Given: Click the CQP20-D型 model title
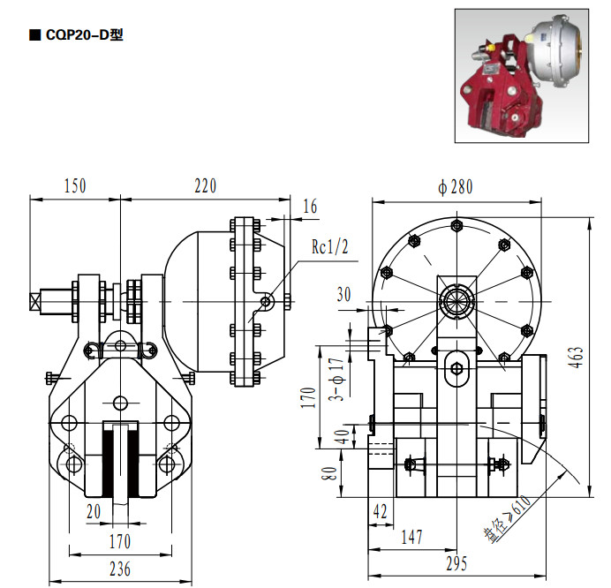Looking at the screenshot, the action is click(84, 35).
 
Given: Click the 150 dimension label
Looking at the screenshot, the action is click(75, 186).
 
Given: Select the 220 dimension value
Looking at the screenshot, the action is click(206, 186).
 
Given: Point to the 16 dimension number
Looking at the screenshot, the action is click(310, 207).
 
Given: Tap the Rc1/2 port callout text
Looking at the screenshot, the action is click(329, 246).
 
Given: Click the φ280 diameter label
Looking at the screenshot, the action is click(455, 187).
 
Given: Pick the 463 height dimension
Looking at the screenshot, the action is click(577, 357).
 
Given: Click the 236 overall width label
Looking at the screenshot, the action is click(120, 569).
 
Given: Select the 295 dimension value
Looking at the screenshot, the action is click(456, 563).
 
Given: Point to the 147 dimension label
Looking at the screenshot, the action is click(411, 537).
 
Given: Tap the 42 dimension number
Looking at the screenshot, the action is click(380, 511).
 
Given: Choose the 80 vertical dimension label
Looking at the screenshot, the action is click(329, 474).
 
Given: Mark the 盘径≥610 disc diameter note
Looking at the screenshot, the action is click(508, 518).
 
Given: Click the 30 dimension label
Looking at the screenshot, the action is click(344, 294).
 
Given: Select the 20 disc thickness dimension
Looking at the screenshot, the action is click(94, 511).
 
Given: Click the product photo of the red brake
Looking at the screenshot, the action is click(522, 76).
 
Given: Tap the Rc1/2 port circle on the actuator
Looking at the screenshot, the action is click(266, 301).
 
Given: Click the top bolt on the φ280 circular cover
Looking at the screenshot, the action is click(456, 225).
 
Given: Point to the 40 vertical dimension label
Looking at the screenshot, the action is click(343, 437).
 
